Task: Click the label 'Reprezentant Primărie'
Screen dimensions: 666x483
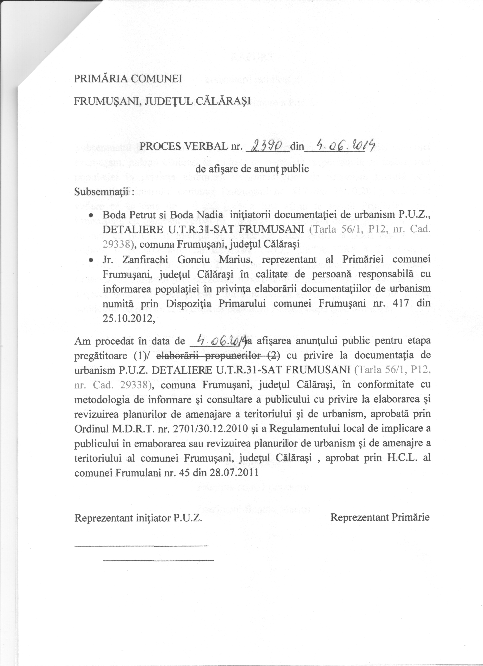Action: (x=380, y=517)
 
